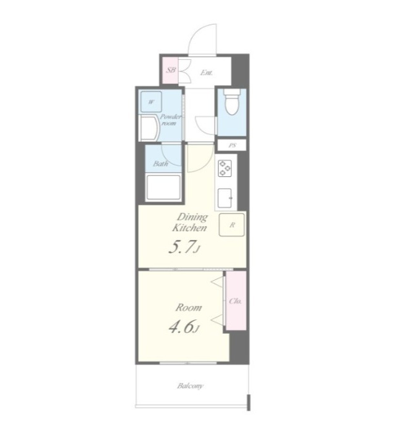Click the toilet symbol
[231, 102]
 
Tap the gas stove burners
[225, 168]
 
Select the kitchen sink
[225, 198]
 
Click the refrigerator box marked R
[232, 225]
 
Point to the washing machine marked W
[151, 102]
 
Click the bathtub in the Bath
[163, 188]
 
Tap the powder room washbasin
[150, 128]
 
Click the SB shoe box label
[171, 70]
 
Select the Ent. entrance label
[207, 73]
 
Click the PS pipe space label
[233, 146]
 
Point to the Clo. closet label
[236, 301]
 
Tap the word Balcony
[190, 386]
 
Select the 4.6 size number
[181, 328]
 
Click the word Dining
[193, 217]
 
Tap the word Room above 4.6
[189, 308]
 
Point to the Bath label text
[160, 163]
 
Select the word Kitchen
[189, 228]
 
